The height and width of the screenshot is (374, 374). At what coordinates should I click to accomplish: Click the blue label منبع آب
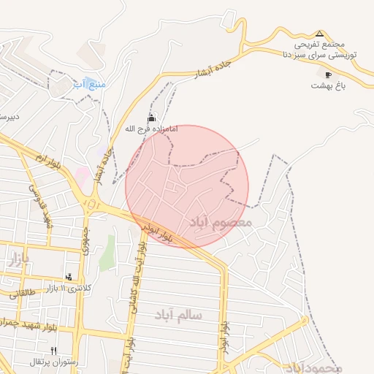click(91, 84)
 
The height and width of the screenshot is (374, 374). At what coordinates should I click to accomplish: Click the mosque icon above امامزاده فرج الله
click(152, 117)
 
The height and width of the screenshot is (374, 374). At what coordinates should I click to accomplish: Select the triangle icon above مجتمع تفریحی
click(319, 34)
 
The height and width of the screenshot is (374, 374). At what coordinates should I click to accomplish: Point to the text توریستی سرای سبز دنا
click(320, 55)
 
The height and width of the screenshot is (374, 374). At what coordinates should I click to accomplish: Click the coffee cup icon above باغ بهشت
click(327, 74)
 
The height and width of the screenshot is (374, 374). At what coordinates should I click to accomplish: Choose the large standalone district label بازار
click(18, 259)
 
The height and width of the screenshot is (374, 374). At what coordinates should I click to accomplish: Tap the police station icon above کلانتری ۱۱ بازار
click(69, 277)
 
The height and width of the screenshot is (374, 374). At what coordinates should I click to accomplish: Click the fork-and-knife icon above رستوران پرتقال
click(53, 351)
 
